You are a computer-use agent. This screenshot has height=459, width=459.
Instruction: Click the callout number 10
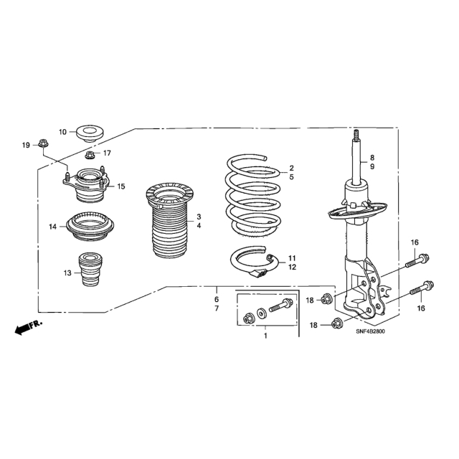(x=62, y=132)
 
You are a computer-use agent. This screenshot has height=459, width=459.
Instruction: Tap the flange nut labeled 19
(x=43, y=143)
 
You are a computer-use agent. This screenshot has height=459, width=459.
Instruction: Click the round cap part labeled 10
(x=90, y=134)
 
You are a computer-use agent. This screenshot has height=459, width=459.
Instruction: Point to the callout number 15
(x=121, y=186)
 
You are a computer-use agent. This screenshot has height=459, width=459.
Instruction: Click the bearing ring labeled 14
(x=90, y=226)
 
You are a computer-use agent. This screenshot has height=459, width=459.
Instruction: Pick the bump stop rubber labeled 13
(x=91, y=270)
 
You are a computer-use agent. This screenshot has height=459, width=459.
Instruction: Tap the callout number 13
(x=67, y=273)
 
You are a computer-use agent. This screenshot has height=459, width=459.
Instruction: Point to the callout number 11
(x=292, y=258)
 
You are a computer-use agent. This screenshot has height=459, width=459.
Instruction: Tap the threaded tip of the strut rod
(x=356, y=135)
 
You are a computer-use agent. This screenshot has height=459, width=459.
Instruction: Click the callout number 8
(x=372, y=158)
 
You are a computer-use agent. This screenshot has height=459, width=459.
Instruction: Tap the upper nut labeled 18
(x=326, y=299)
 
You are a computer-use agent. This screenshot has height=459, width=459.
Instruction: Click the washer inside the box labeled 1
(x=261, y=313)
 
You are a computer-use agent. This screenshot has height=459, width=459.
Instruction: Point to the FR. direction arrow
(x=28, y=327)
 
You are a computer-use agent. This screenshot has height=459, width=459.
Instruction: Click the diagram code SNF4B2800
(x=370, y=331)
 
